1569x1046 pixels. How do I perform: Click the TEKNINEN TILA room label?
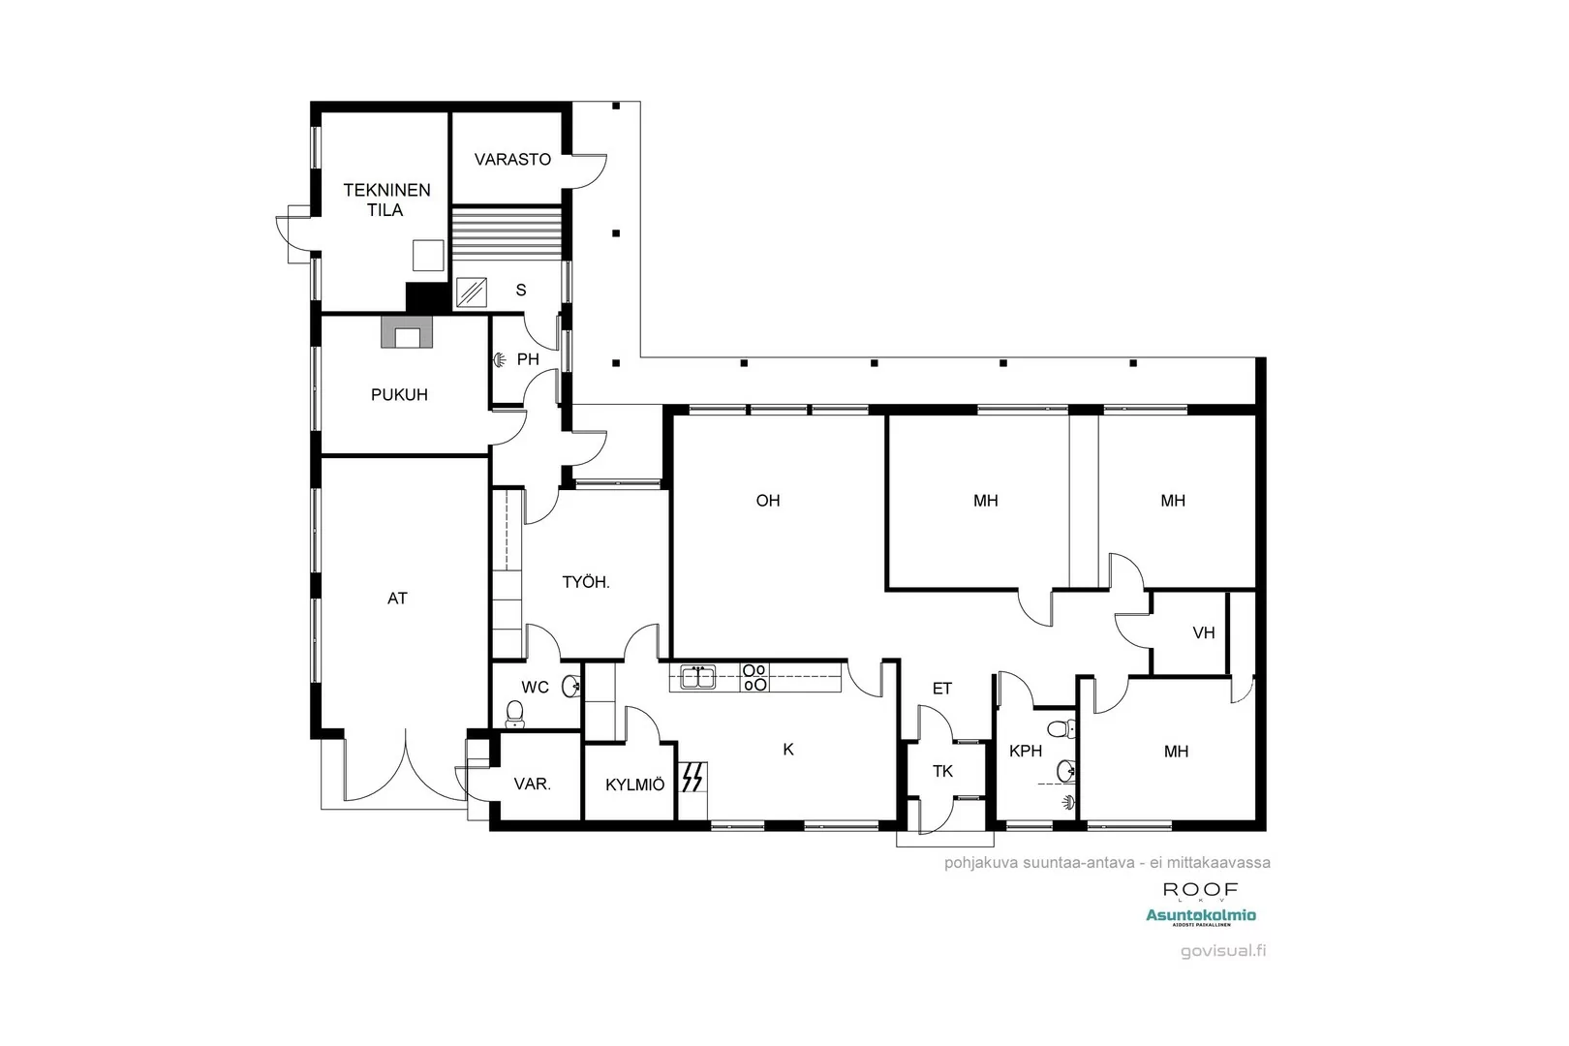[386, 200]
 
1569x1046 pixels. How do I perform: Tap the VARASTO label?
[512, 159]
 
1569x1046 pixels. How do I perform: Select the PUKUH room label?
[399, 394]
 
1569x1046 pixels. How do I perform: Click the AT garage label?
[397, 599]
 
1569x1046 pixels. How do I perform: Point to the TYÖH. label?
[586, 582]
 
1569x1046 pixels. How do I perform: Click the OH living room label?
[768, 501]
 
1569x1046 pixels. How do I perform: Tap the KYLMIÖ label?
[634, 784]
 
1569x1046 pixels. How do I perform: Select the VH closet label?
[1203, 632]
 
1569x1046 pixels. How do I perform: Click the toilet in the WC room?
[515, 714]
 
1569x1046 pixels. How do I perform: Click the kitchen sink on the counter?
[697, 676]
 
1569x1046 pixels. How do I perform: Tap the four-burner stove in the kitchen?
[754, 676]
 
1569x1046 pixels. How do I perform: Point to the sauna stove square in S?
[472, 292]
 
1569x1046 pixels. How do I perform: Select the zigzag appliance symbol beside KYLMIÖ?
[692, 777]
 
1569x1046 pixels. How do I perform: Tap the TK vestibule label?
[942, 771]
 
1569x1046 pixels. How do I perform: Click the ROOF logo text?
[1200, 889]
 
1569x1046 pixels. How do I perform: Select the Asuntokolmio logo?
[1200, 915]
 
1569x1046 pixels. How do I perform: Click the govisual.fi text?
[1222, 950]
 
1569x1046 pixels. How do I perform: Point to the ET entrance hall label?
[941, 689]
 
